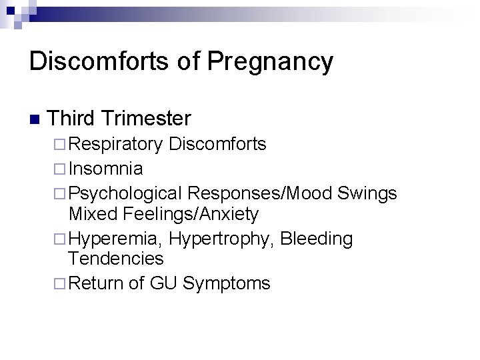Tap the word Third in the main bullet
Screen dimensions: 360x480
pyautogui.click(x=75, y=119)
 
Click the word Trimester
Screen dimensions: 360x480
pyautogui.click(x=148, y=119)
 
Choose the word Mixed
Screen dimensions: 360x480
pyautogui.click(x=92, y=215)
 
